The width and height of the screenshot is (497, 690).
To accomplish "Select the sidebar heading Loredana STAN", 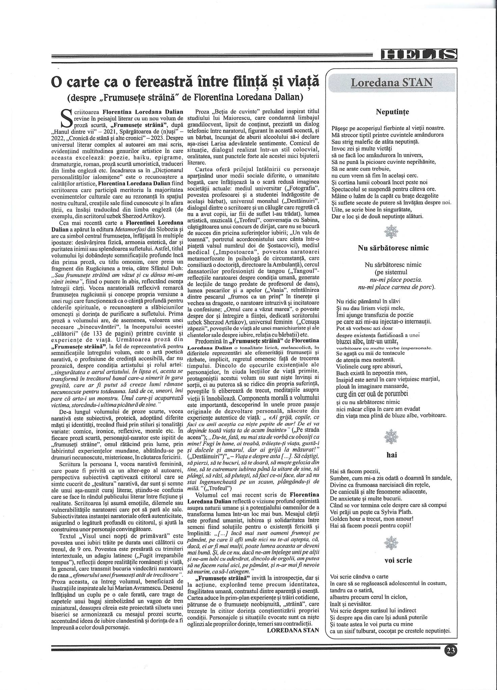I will (x=391, y=83).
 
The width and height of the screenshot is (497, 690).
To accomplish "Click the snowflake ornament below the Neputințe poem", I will (x=391, y=231).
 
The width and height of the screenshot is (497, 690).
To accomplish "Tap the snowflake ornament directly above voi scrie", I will (x=391, y=543).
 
